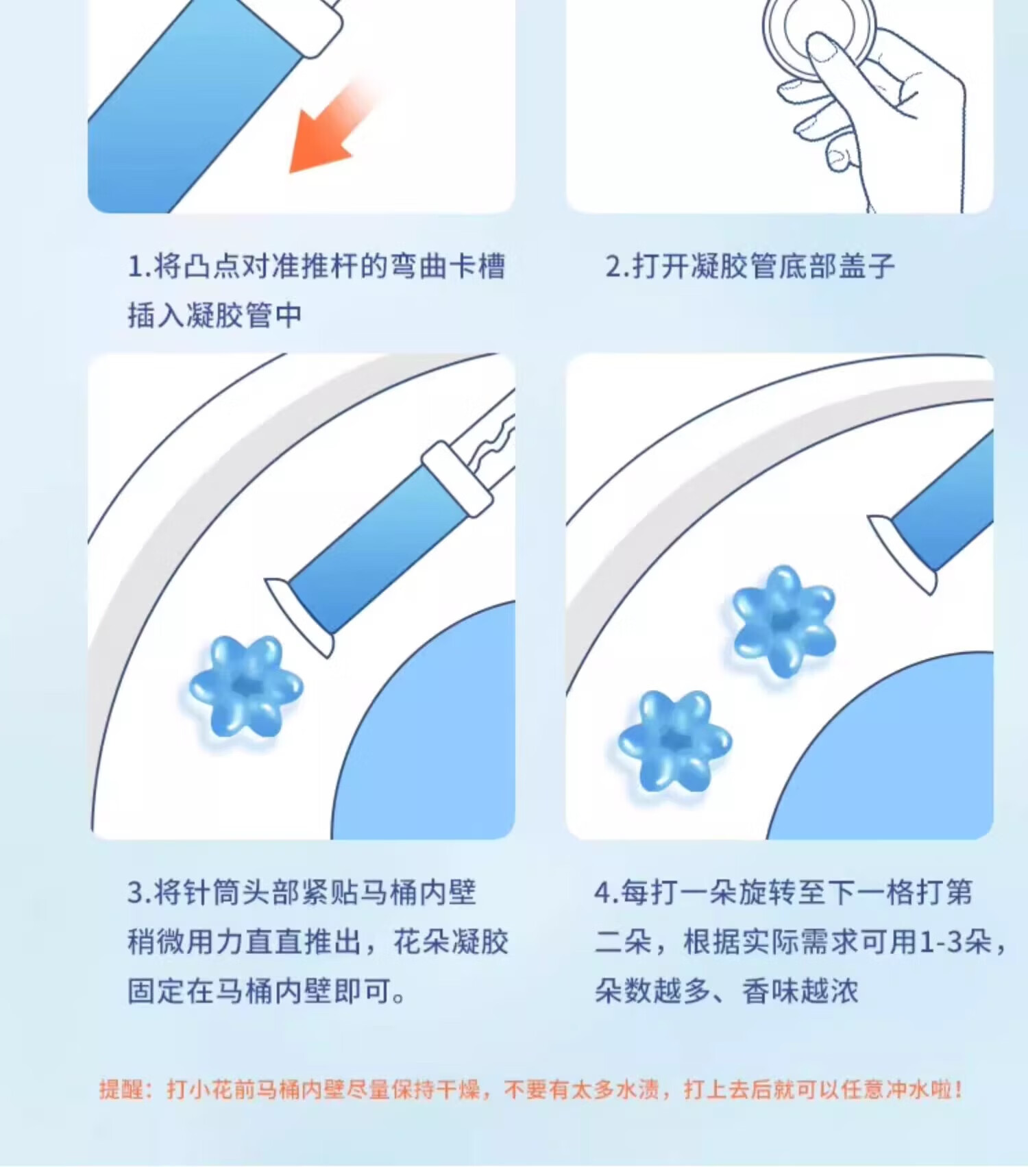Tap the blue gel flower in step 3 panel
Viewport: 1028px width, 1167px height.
tap(245, 687)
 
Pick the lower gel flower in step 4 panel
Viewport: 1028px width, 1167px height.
tap(675, 741)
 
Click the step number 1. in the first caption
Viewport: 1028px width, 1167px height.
tap(139, 267)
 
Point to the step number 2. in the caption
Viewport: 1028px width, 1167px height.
tap(617, 267)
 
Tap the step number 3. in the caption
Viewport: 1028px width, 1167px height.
tap(140, 893)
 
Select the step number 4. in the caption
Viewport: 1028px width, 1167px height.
tap(607, 893)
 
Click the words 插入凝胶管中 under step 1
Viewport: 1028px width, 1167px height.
tap(215, 316)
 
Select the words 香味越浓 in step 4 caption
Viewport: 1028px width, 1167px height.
tap(800, 992)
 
